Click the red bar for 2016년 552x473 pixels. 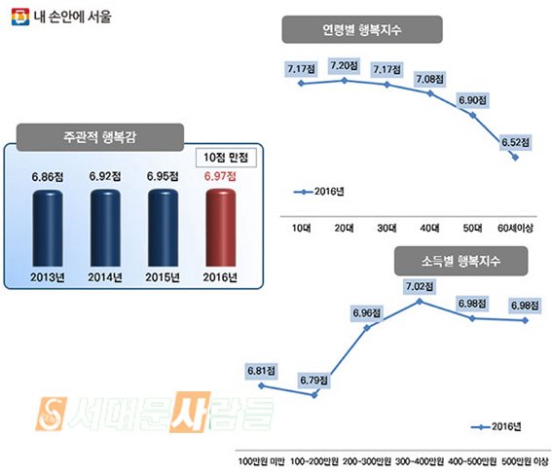[x=221, y=228]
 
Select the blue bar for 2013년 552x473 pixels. [x=48, y=228]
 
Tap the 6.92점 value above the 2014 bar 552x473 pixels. [x=105, y=176]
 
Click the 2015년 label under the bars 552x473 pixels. [x=163, y=277]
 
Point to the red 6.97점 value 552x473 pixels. [x=220, y=176]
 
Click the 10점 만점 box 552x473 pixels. [x=226, y=158]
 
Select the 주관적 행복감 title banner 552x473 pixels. [x=100, y=137]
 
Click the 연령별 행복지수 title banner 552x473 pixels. [x=362, y=29]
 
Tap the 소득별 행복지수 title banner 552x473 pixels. [x=460, y=261]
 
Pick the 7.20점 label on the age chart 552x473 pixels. [x=344, y=65]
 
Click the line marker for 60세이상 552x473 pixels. [x=515, y=158]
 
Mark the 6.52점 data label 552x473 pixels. [x=515, y=142]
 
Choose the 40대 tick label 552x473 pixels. [x=430, y=229]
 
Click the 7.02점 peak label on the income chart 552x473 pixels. [x=420, y=286]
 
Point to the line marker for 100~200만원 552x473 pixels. [x=314, y=395]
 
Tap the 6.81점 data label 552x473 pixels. [x=261, y=371]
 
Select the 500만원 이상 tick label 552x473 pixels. [x=526, y=461]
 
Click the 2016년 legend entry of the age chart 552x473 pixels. [x=319, y=192]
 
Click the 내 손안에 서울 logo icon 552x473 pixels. [x=20, y=17]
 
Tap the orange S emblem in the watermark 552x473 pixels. [x=51, y=414]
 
